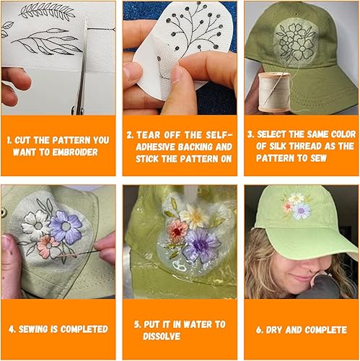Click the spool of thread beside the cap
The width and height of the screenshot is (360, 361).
[x=274, y=92]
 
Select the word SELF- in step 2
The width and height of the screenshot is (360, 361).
[x=219, y=135]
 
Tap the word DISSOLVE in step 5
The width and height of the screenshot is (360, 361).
[x=162, y=336]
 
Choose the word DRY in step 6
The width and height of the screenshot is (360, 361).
[x=274, y=330]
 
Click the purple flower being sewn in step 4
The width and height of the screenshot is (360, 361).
[x=66, y=227]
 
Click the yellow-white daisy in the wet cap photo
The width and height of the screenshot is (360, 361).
[x=194, y=216]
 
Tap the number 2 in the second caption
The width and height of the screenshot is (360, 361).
[x=129, y=135]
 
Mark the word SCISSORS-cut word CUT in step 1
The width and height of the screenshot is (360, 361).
[x=22, y=140]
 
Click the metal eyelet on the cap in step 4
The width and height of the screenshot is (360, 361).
[x=3, y=212]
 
